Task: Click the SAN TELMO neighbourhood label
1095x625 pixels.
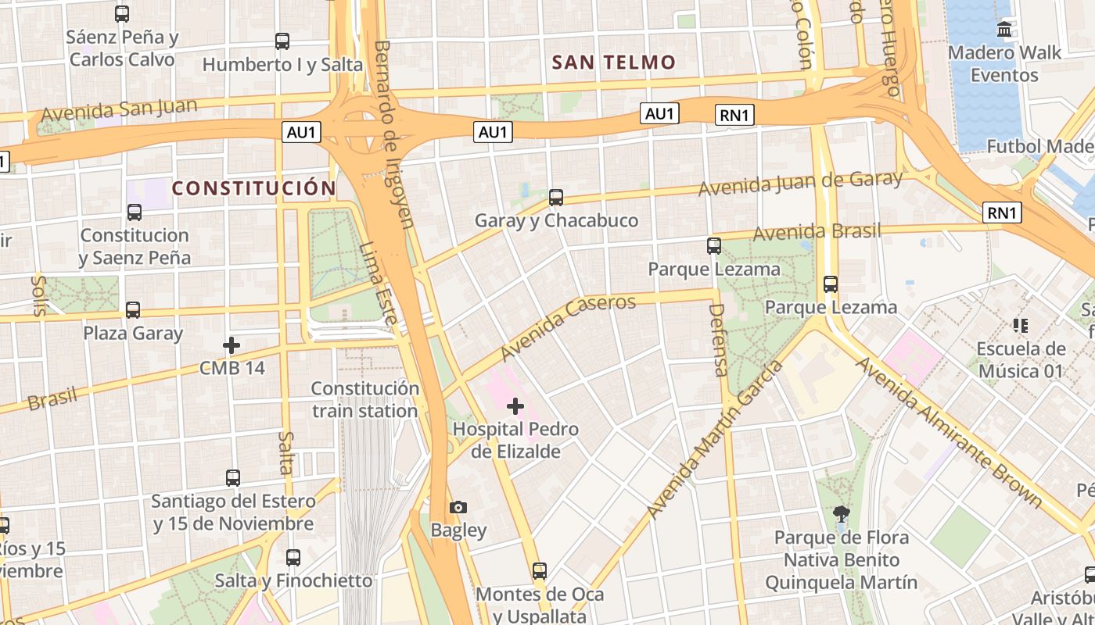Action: [613, 62]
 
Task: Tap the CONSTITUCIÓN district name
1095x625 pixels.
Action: [253, 188]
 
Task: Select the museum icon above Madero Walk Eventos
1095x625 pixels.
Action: [1004, 30]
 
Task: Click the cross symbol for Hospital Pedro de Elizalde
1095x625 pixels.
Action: [515, 405]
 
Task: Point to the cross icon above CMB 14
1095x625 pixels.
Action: [232, 345]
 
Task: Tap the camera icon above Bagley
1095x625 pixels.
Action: [458, 508]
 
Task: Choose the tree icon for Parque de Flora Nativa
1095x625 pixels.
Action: [842, 514]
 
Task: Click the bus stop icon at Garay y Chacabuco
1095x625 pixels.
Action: [556, 198]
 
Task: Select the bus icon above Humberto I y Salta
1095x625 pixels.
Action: [282, 41]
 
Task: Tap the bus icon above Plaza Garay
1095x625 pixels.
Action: [133, 310]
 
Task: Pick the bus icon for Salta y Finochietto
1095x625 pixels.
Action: [293, 558]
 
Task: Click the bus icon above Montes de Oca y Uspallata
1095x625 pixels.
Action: [539, 571]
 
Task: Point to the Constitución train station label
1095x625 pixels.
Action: [364, 399]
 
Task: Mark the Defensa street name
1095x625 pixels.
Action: [717, 340]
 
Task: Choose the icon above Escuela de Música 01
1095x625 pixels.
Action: [1020, 325]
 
